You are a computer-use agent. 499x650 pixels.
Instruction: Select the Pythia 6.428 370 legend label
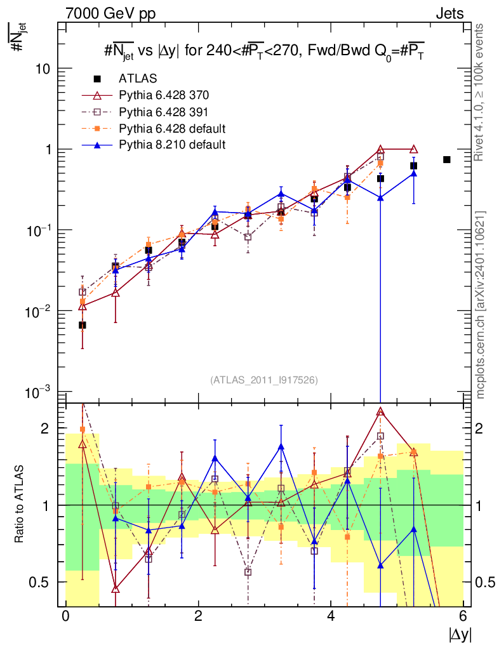[x=164, y=95]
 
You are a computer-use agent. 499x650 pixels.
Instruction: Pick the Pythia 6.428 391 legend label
[x=164, y=112]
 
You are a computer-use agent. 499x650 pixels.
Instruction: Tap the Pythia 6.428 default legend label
[x=172, y=128]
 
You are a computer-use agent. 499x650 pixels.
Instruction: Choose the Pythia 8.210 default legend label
[x=172, y=145]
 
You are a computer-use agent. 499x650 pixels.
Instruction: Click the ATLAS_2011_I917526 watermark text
[x=263, y=380]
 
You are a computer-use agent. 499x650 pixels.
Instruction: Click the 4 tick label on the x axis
[x=331, y=616]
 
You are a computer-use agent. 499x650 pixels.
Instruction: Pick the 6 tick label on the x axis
[x=463, y=616]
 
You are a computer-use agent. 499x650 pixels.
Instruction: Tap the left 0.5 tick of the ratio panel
[x=39, y=582]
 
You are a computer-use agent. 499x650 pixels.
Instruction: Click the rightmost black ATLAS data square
[x=446, y=159]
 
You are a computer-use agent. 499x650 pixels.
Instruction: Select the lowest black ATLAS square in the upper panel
[x=83, y=325]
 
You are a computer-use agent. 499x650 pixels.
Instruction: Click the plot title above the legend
[x=263, y=51]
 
